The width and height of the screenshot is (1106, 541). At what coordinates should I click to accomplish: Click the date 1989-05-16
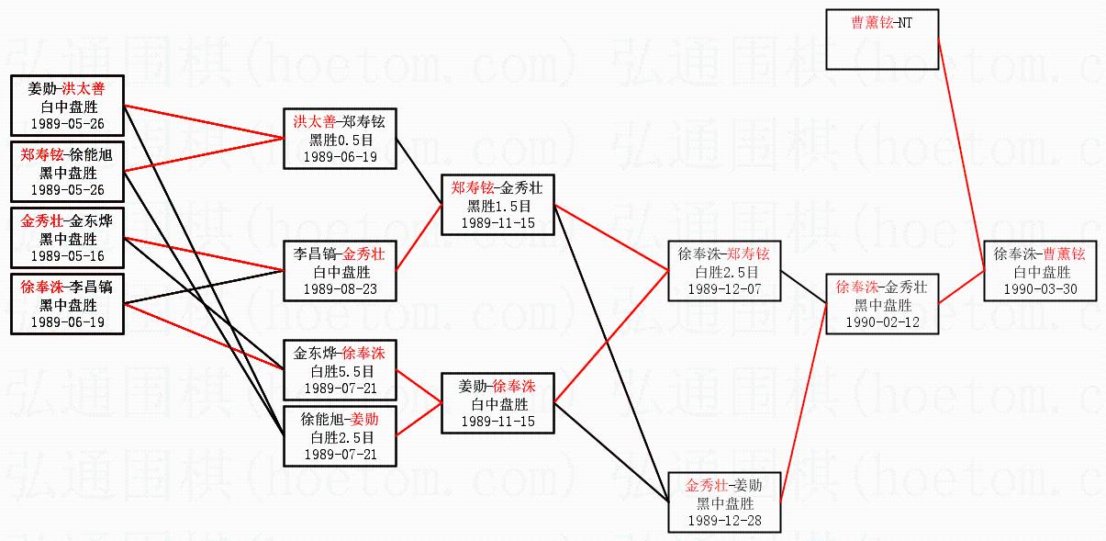pos(67,256)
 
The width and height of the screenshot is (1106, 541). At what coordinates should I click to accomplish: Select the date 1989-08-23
pos(339,289)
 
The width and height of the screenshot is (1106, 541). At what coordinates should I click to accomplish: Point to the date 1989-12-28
pos(725,520)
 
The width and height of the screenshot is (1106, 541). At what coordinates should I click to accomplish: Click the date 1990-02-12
pos(882,322)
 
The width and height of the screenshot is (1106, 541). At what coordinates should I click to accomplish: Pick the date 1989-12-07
pos(725,289)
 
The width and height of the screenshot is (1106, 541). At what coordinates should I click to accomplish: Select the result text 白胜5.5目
pos(339,371)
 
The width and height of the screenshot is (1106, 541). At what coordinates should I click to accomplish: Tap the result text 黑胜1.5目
pos(497,206)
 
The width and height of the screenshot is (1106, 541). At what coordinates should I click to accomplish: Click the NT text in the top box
pos(903,22)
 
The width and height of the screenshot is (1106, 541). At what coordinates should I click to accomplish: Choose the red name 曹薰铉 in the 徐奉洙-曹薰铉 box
pos(1064,254)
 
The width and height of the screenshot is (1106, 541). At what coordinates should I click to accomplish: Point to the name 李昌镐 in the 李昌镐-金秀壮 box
pos(313,254)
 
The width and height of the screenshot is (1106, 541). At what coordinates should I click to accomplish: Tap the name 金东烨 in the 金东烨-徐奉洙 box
pos(313,354)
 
